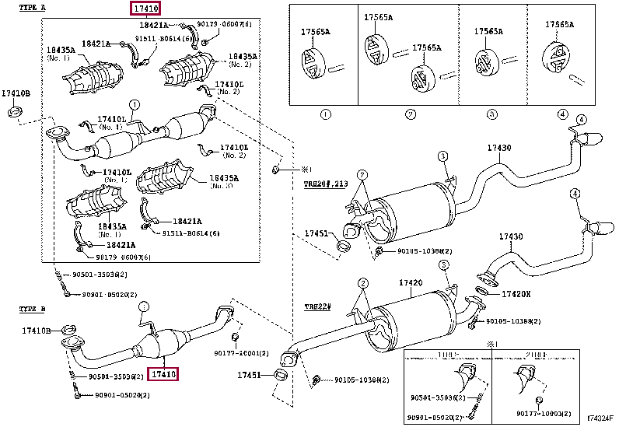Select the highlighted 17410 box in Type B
[x=165, y=374]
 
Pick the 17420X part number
[x=516, y=295]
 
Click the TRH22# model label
[x=316, y=306]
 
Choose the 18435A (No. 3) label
[x=224, y=181]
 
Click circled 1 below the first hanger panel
[x=325, y=115]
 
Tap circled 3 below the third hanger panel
[x=491, y=115]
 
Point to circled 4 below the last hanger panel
[x=562, y=115]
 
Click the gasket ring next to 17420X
[x=482, y=292]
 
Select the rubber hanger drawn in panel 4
[x=559, y=56]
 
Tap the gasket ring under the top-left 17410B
[x=13, y=114]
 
